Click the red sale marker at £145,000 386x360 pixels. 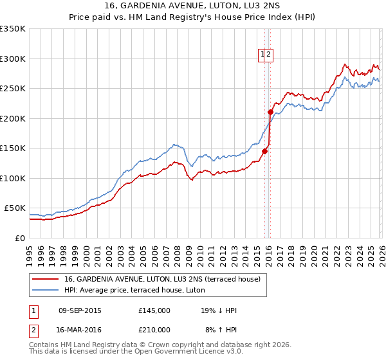[x=264, y=152]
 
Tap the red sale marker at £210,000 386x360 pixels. [x=270, y=112]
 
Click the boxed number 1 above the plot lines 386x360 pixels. [x=263, y=55]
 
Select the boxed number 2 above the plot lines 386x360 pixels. [x=270, y=55]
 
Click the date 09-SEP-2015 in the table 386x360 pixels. [x=80, y=310]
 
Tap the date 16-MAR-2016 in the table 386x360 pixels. [x=80, y=330]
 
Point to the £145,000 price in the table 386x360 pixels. [x=154, y=310]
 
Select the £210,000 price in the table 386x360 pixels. [x=154, y=330]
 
